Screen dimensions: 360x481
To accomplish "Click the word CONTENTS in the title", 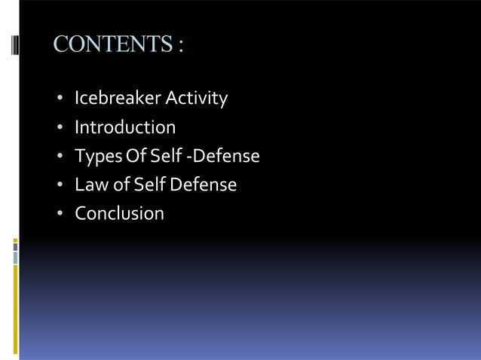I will tap(112, 44).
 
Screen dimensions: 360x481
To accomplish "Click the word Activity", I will tap(197, 99).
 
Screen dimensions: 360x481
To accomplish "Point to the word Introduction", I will tap(125, 127).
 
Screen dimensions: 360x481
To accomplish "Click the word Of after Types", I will tap(131, 156).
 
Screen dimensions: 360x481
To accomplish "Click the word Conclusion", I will tap(119, 213).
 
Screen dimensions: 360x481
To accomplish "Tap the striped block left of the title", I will tap(15, 44).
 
